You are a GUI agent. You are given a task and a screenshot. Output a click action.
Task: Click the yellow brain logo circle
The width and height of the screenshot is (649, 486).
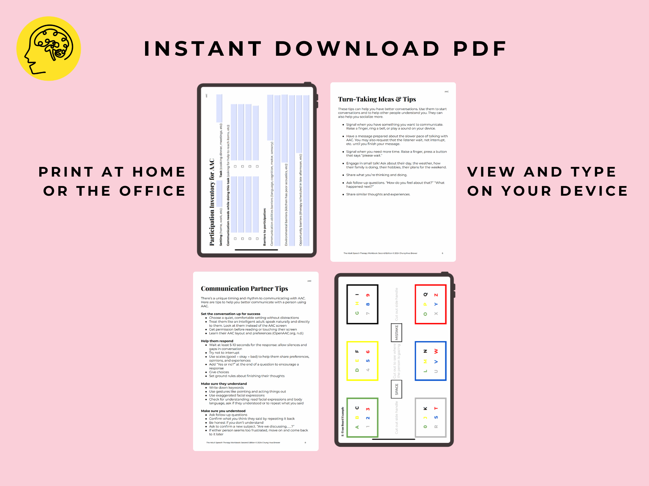[49, 49]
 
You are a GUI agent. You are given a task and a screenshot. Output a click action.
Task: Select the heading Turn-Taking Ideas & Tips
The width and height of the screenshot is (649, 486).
[377, 99]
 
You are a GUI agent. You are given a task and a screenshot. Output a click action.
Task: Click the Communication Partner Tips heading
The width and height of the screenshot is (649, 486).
[244, 288]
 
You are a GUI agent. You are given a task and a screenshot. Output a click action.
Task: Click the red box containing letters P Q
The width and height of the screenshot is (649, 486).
[431, 304]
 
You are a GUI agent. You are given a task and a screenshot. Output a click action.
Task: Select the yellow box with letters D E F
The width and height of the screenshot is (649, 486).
[362, 361]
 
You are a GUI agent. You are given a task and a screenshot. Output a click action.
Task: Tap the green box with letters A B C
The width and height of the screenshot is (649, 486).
[362, 418]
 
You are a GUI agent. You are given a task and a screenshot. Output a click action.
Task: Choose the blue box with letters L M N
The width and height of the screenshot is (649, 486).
[431, 361]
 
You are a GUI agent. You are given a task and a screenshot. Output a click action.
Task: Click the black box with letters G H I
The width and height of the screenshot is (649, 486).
[362, 304]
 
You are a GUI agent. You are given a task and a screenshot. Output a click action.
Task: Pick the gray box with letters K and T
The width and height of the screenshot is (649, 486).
[431, 418]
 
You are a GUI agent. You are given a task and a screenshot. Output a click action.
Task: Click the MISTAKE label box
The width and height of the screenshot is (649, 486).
[397, 332]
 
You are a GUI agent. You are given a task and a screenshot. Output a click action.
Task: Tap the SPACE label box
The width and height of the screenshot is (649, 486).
[397, 389]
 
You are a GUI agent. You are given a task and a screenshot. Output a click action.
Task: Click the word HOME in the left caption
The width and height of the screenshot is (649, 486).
[159, 172]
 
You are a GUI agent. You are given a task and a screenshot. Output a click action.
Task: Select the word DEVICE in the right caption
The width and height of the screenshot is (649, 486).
[594, 191]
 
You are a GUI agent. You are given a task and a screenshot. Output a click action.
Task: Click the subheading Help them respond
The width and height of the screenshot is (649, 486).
[217, 341]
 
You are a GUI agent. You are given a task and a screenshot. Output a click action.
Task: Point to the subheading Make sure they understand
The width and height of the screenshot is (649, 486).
[224, 384]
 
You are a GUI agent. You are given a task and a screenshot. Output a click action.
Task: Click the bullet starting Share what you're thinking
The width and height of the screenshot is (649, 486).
[376, 175]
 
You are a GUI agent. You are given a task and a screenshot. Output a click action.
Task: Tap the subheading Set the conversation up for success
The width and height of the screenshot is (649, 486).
[230, 314]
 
